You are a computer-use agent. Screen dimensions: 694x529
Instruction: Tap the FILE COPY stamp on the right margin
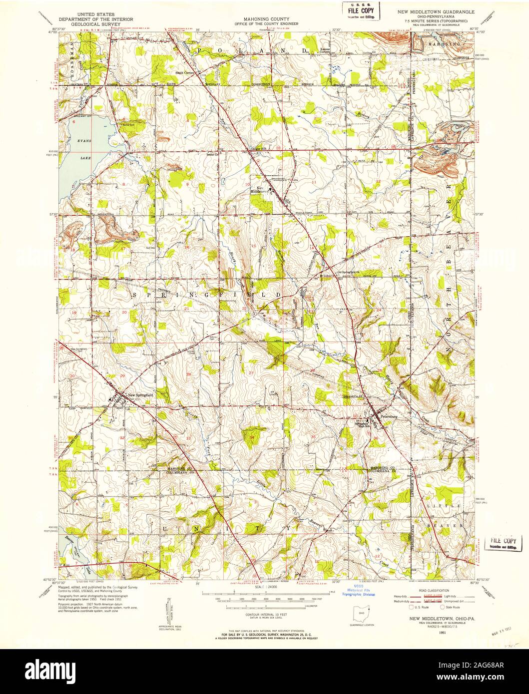point(503,541)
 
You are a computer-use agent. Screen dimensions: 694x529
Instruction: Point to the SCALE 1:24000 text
point(265,588)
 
